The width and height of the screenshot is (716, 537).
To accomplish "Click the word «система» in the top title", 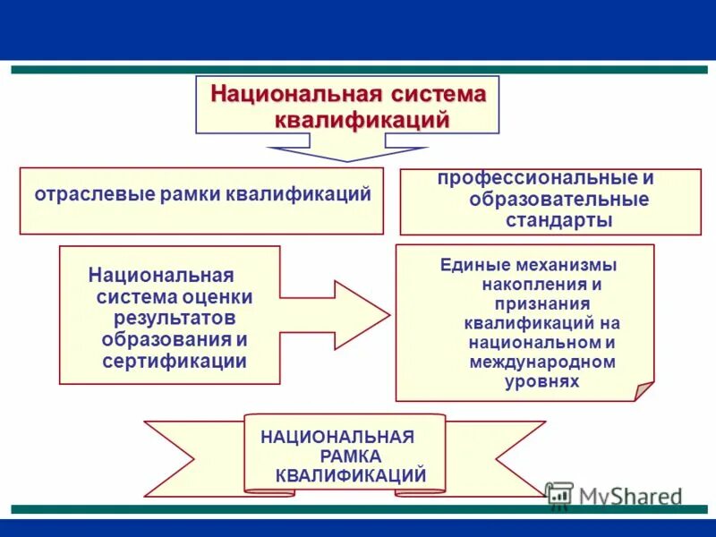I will point(435,94).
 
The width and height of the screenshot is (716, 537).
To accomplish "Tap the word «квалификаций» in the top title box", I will point(361,119).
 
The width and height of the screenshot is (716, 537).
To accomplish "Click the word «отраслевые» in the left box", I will point(81,194).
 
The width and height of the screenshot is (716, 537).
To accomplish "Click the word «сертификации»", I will point(175,361).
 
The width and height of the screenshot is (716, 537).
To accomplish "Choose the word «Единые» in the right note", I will point(473,265).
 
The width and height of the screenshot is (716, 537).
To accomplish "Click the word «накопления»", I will point(529,285).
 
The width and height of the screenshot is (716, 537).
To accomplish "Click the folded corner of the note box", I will point(644,391).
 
